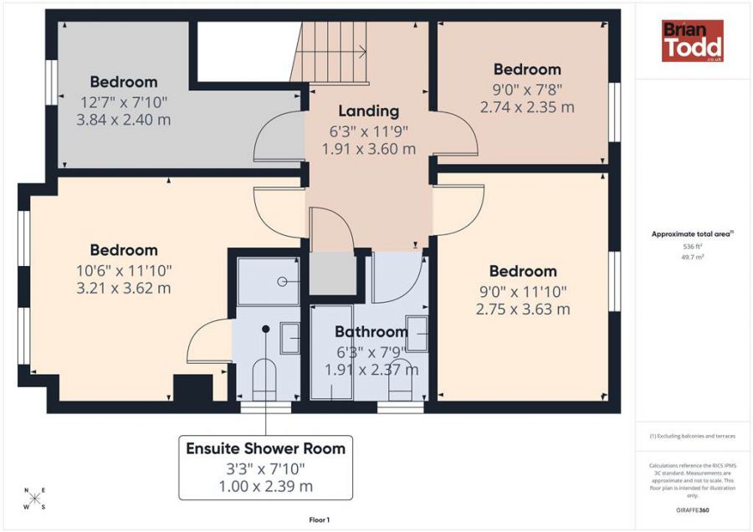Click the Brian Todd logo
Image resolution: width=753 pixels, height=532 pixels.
(x=693, y=41)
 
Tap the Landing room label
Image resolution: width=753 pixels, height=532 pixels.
(x=369, y=111)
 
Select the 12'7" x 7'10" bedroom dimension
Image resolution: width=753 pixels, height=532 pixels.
(x=124, y=102)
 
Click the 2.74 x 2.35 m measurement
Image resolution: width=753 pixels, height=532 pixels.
(x=527, y=107)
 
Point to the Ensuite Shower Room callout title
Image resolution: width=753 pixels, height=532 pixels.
(x=265, y=448)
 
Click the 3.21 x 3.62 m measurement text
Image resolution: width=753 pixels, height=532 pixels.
(x=124, y=288)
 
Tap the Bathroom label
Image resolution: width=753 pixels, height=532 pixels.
(x=371, y=332)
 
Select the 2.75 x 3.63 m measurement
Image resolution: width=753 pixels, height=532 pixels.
(x=523, y=309)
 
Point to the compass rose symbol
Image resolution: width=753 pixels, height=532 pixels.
(x=35, y=499)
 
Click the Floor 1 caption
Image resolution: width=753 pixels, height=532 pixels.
(x=320, y=520)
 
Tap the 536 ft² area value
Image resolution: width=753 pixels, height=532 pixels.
(x=692, y=246)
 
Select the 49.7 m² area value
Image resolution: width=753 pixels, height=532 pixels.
(x=692, y=257)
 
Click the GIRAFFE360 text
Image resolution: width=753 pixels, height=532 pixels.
(x=693, y=510)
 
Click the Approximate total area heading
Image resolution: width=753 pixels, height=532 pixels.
(x=692, y=234)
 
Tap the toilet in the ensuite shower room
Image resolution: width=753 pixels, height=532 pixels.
(x=264, y=379)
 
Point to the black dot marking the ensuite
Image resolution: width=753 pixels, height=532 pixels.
(x=265, y=329)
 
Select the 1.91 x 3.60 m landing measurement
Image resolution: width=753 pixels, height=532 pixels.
(x=369, y=149)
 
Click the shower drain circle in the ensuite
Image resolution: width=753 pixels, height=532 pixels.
(x=283, y=282)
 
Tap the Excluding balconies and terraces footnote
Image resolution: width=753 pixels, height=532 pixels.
(x=693, y=437)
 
